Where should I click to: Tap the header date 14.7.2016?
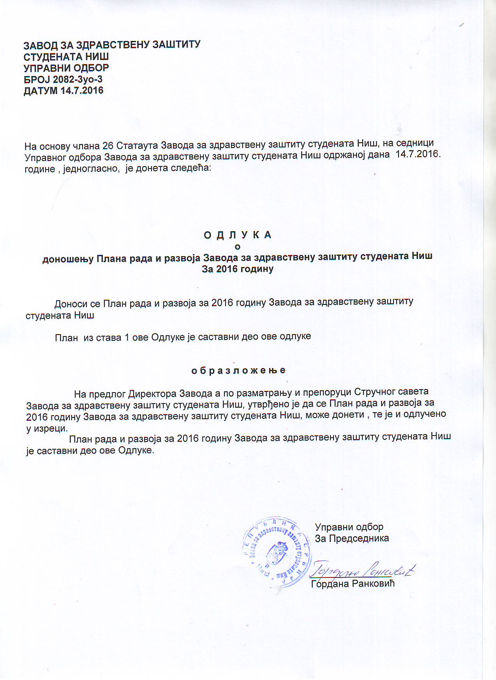pyautogui.click(x=82, y=91)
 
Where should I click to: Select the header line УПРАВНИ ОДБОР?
pyautogui.click(x=66, y=68)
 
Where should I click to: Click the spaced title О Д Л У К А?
pyautogui.click(x=238, y=235)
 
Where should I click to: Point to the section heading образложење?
pyautogui.click(x=238, y=370)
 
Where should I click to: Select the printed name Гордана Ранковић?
pyautogui.click(x=353, y=584)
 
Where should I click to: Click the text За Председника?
pyautogui.click(x=352, y=538)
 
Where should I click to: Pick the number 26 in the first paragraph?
pyautogui.click(x=108, y=146)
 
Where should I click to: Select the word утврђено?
pyautogui.click(x=268, y=403)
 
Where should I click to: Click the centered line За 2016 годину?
pyautogui.click(x=238, y=269)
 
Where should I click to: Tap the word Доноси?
pyautogui.click(x=71, y=304)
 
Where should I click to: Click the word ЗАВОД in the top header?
pyautogui.click(x=39, y=46)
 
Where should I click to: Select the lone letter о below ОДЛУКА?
pyautogui.click(x=238, y=247)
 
